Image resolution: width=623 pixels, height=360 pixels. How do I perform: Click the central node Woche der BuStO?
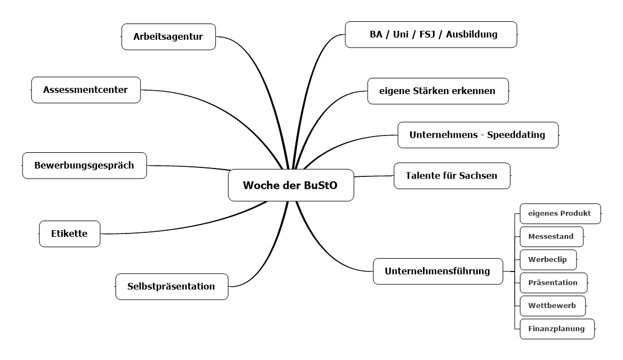pos(291,185)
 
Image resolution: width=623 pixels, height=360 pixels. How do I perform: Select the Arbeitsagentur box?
pos(168,37)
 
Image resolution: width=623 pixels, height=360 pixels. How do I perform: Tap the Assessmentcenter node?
pos(85,90)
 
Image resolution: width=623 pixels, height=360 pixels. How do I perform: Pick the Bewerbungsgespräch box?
pos(84,165)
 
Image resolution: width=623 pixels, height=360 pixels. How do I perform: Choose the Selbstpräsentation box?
pos(171,286)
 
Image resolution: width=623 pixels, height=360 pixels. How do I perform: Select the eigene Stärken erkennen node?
pos(438,91)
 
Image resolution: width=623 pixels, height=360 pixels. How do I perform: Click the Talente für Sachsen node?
pos(452,176)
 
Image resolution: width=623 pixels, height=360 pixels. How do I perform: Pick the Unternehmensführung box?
pos(437,272)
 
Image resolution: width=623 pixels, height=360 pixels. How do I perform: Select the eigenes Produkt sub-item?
pos(560,213)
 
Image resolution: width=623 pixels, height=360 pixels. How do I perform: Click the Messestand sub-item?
pos(551,236)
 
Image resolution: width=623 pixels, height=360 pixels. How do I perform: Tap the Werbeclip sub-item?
pos(547,260)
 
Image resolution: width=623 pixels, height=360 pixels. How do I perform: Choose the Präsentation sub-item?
pos(552,283)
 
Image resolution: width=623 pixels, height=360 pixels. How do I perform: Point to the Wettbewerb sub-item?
pos(552,306)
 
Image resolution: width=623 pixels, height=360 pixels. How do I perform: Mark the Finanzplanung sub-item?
pos(556,329)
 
